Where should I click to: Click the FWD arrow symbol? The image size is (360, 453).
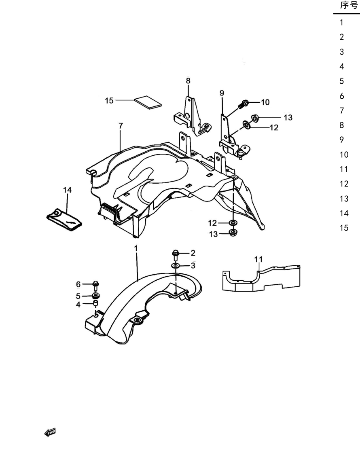click(x=50, y=432)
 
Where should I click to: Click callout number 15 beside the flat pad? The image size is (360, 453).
click(x=109, y=101)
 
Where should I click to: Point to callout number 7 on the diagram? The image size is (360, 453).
click(x=121, y=126)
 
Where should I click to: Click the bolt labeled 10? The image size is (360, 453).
click(x=243, y=104)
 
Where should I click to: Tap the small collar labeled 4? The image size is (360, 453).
click(x=95, y=303)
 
